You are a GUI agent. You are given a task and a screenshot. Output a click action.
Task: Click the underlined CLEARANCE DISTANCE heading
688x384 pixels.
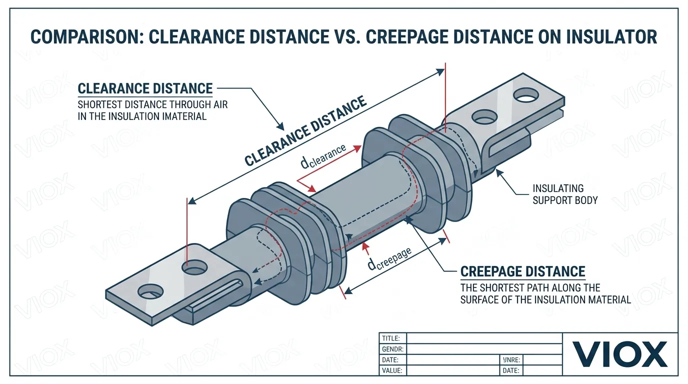(145, 89)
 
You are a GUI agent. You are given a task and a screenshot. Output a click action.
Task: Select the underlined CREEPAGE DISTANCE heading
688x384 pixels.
(522, 271)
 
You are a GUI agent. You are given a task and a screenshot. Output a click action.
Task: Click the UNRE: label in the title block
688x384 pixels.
(511, 360)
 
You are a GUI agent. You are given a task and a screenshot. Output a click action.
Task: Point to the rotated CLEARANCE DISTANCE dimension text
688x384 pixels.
(305, 131)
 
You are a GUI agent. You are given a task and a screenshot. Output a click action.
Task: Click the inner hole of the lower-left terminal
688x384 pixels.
(194, 269)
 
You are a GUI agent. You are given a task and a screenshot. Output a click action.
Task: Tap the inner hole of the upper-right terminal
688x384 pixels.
(483, 117)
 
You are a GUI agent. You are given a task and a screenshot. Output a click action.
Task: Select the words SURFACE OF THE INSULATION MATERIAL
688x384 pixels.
(545, 299)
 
